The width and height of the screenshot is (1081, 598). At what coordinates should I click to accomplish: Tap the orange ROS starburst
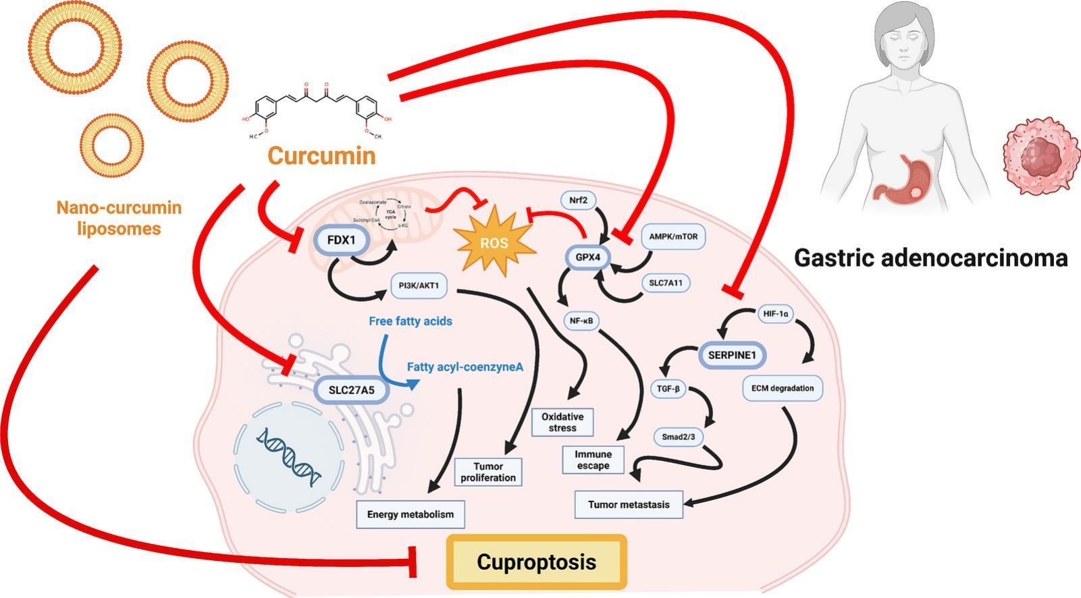(494, 244)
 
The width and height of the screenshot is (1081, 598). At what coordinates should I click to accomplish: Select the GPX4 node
(588, 257)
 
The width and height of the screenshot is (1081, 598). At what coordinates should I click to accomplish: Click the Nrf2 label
(579, 200)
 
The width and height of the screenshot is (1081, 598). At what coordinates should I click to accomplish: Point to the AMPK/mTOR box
(673, 237)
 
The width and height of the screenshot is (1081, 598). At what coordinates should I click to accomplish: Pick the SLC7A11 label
(665, 283)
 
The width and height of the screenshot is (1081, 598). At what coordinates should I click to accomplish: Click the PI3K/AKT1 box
(419, 286)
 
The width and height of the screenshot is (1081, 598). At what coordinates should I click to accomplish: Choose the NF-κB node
(581, 321)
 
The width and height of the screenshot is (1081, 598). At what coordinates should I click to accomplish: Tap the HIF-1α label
(775, 314)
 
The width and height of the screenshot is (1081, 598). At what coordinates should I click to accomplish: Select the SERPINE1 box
(733, 354)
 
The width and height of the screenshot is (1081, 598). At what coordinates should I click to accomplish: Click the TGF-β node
(668, 389)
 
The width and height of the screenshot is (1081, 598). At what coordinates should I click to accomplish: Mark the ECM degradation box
(782, 388)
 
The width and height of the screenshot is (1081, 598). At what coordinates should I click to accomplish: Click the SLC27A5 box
(351, 389)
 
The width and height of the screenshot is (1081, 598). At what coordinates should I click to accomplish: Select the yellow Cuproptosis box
(537, 562)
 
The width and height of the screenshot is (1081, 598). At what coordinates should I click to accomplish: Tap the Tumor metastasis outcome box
(629, 504)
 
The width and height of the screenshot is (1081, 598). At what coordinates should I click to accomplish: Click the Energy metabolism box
(411, 514)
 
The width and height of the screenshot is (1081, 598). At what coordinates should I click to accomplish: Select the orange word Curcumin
(321, 155)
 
